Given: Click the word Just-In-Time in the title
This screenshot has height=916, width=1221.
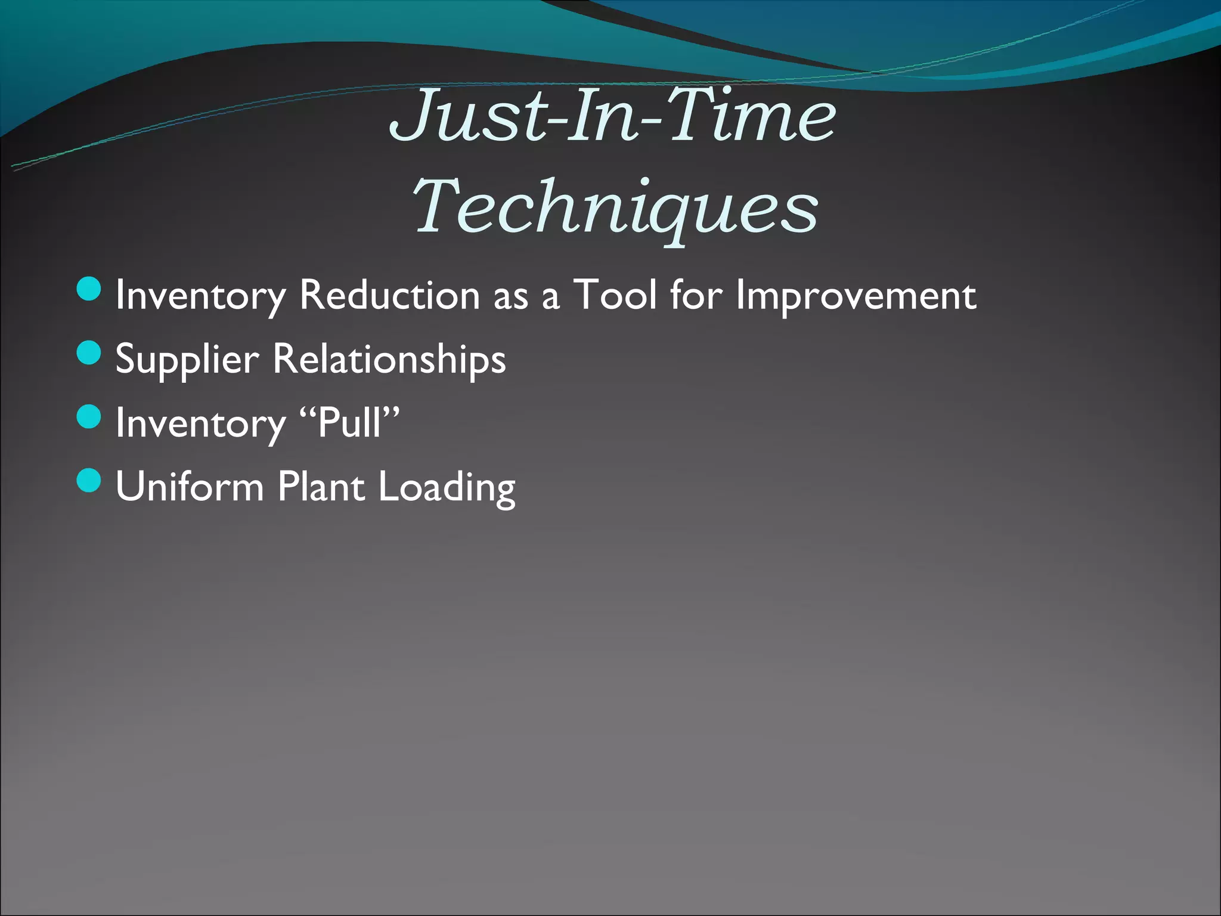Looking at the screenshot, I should pos(613,114).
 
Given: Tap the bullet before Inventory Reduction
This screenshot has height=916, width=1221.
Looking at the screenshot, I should pos(89,289).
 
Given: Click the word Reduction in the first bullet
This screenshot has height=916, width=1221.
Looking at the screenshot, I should pos(389,295).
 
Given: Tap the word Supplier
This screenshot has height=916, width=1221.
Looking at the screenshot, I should pos(187,360).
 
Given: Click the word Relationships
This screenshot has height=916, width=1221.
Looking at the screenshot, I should pos(389,360).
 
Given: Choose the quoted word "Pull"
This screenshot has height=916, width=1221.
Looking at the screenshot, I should pos(349,423).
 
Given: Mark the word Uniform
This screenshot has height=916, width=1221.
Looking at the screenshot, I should pos(190,487).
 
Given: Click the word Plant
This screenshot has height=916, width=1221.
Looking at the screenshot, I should pos(321,487).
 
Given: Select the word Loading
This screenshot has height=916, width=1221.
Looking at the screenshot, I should pos(447,488).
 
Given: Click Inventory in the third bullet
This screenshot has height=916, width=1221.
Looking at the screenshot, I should pos(200,424).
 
